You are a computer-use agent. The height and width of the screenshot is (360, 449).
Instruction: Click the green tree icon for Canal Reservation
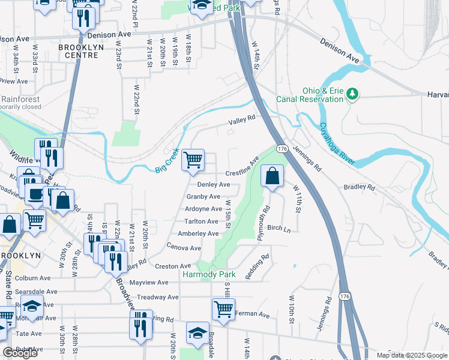click(x=354, y=94)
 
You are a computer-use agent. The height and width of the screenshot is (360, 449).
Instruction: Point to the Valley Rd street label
click(x=241, y=122)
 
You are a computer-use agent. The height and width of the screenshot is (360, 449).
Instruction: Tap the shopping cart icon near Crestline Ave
click(x=193, y=160)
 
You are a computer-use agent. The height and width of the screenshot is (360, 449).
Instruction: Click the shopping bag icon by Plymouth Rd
click(x=272, y=176)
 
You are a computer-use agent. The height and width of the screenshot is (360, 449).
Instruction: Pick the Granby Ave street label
click(x=203, y=196)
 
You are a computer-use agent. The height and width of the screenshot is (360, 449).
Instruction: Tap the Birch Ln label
click(x=279, y=229)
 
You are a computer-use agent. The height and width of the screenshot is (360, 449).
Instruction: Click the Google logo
click(x=20, y=353)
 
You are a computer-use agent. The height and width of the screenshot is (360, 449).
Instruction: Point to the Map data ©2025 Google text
click(x=412, y=355)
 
